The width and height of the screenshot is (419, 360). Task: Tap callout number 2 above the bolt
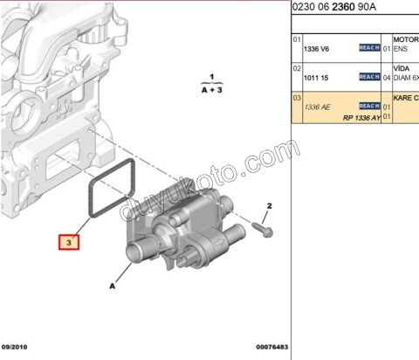coord(270,205)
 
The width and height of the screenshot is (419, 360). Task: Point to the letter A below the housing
coord(112,285)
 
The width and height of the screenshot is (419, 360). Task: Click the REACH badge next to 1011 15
coord(369,76)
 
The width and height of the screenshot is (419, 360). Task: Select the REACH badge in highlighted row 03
coord(369,105)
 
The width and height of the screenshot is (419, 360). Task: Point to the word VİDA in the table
coord(403,68)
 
